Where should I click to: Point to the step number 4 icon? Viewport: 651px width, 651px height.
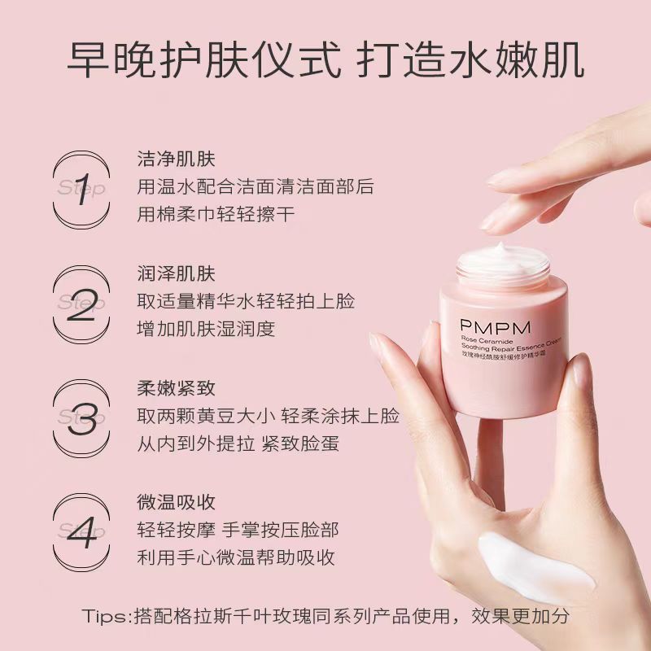82,534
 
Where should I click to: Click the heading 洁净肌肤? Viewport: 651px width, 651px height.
176,159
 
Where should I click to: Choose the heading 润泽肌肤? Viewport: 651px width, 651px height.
176,273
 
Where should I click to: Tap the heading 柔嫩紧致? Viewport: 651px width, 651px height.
176,388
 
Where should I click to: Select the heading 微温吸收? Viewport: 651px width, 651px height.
176,502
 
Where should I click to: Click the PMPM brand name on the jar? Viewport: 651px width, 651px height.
495,328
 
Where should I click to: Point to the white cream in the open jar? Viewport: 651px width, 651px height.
503,260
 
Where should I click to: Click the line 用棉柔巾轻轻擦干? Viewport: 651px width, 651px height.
216,214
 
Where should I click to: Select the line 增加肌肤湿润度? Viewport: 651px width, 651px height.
206,329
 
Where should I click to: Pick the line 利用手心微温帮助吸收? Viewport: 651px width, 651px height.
236,557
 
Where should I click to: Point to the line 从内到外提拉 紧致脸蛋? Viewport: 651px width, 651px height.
238,443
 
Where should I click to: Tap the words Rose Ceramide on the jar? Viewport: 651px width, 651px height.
487,340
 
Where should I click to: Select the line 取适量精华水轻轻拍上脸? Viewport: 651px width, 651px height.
246,301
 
